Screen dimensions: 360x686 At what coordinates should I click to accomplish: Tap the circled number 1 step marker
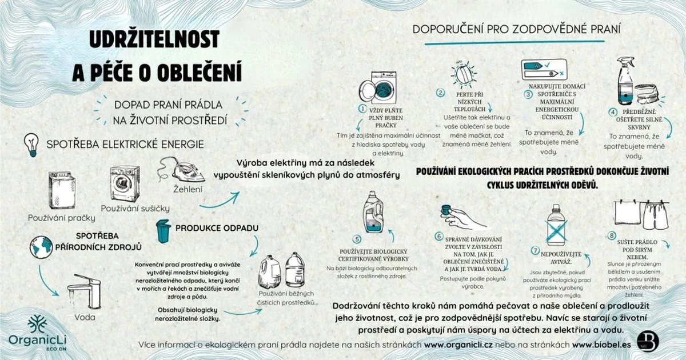tap(362, 108)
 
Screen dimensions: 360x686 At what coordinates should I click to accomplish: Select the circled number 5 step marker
tap(357, 239)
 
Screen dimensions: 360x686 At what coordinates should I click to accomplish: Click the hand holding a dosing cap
tap(461, 217)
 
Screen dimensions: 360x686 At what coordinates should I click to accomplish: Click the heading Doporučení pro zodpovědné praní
tap(517, 29)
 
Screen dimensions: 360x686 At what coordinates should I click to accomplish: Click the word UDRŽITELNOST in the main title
tap(154, 39)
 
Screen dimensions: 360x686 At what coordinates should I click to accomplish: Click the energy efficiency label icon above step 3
tap(544, 70)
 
